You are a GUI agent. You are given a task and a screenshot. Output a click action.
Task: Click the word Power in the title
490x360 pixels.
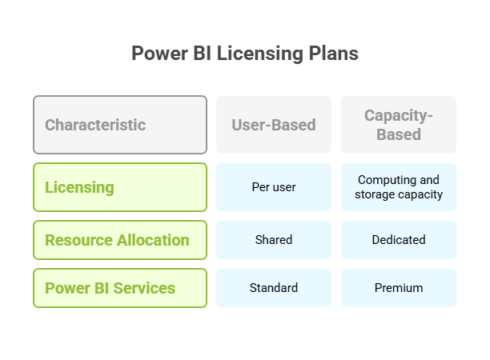[x=159, y=54]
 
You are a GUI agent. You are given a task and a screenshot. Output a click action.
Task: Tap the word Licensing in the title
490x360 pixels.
[x=259, y=54]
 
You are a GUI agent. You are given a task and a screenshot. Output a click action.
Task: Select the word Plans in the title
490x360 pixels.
[x=333, y=54]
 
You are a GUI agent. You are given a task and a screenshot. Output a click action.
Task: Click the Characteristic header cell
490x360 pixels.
[x=120, y=125]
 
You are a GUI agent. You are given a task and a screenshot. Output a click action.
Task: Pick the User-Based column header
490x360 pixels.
[x=274, y=125]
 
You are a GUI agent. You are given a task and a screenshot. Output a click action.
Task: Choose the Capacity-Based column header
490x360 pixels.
[x=399, y=125]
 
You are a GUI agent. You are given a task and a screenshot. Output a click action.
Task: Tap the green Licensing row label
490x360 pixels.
[x=120, y=187]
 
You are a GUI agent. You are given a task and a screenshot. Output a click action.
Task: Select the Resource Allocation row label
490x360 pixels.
[x=120, y=240]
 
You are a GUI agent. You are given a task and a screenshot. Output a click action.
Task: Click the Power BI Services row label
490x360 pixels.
[x=120, y=288]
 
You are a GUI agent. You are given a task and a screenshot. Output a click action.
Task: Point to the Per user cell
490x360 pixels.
[x=274, y=187]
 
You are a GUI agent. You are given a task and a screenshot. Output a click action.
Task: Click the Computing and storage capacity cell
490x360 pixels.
[x=399, y=187]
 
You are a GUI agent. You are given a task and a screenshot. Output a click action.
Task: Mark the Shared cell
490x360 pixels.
[x=274, y=240]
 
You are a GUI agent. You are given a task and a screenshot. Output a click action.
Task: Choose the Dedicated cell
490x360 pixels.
[x=399, y=240]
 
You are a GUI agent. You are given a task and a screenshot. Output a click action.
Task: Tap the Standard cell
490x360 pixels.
[x=274, y=288]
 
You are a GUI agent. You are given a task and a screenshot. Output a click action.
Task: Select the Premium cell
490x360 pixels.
[x=399, y=288]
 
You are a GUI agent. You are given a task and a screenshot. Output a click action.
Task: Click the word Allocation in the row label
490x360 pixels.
[x=153, y=240]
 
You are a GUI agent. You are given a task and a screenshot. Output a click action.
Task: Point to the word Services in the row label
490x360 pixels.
[x=144, y=288]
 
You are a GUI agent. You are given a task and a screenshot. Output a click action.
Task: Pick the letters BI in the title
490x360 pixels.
[x=203, y=54]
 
